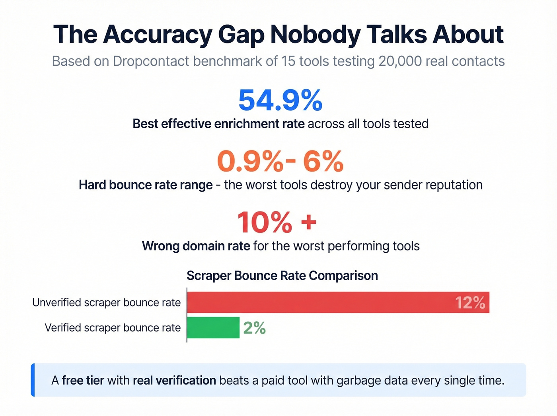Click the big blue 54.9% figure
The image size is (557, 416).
280,100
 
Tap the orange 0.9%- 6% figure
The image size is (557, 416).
280,161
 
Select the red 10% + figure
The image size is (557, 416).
277,222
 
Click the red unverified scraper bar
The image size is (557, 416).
338,303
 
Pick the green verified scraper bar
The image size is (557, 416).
213,328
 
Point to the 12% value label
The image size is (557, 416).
470,303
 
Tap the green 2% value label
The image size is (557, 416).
254,328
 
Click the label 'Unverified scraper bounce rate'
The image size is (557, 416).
106,303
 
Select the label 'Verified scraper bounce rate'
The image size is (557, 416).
113,328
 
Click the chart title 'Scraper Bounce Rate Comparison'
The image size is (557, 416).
282,275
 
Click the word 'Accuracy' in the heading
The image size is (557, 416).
158,35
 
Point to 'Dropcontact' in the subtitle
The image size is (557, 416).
151,61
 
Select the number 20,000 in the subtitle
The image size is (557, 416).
400,61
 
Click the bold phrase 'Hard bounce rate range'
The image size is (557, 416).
146,185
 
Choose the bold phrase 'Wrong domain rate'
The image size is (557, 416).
196,246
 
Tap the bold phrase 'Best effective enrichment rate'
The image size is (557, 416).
218,124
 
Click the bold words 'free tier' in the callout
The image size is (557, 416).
83,381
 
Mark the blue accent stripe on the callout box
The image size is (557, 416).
33,380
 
